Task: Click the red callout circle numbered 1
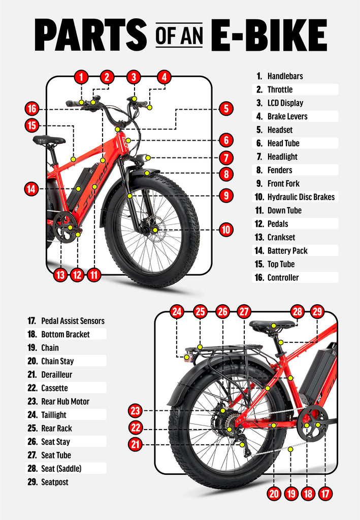coord(81,77)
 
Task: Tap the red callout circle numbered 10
coord(226,230)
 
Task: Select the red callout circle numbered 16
coord(31,109)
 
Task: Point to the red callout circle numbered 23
coord(135,410)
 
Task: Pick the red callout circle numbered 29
coord(317,312)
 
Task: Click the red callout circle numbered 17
coord(324,493)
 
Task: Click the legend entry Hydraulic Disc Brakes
coord(301,197)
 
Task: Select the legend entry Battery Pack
coord(287,250)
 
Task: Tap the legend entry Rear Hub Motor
coord(65,401)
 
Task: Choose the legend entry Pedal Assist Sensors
coord(73,321)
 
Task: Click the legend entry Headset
coord(280,129)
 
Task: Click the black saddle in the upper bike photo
coord(49,140)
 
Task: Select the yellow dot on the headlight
coord(147,158)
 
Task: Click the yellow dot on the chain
coord(290,449)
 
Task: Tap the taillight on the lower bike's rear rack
coord(188,357)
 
